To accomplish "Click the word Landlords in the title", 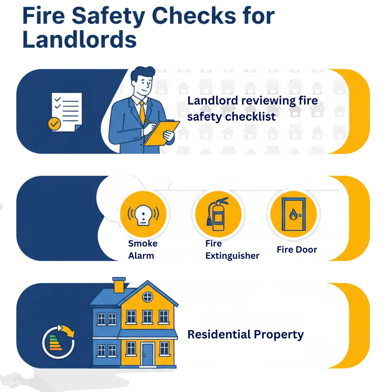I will point(80,39).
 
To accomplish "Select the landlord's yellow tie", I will point(142,113).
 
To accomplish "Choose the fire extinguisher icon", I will point(218,214).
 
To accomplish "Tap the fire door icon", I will point(294,214).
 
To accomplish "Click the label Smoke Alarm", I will point(142,250).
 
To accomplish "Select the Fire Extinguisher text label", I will point(232,250).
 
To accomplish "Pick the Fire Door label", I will point(297,250).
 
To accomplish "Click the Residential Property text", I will point(245,335).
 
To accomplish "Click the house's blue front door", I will point(147,354).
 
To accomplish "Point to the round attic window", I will point(147,297).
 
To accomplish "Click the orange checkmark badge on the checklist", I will point(54,124).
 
